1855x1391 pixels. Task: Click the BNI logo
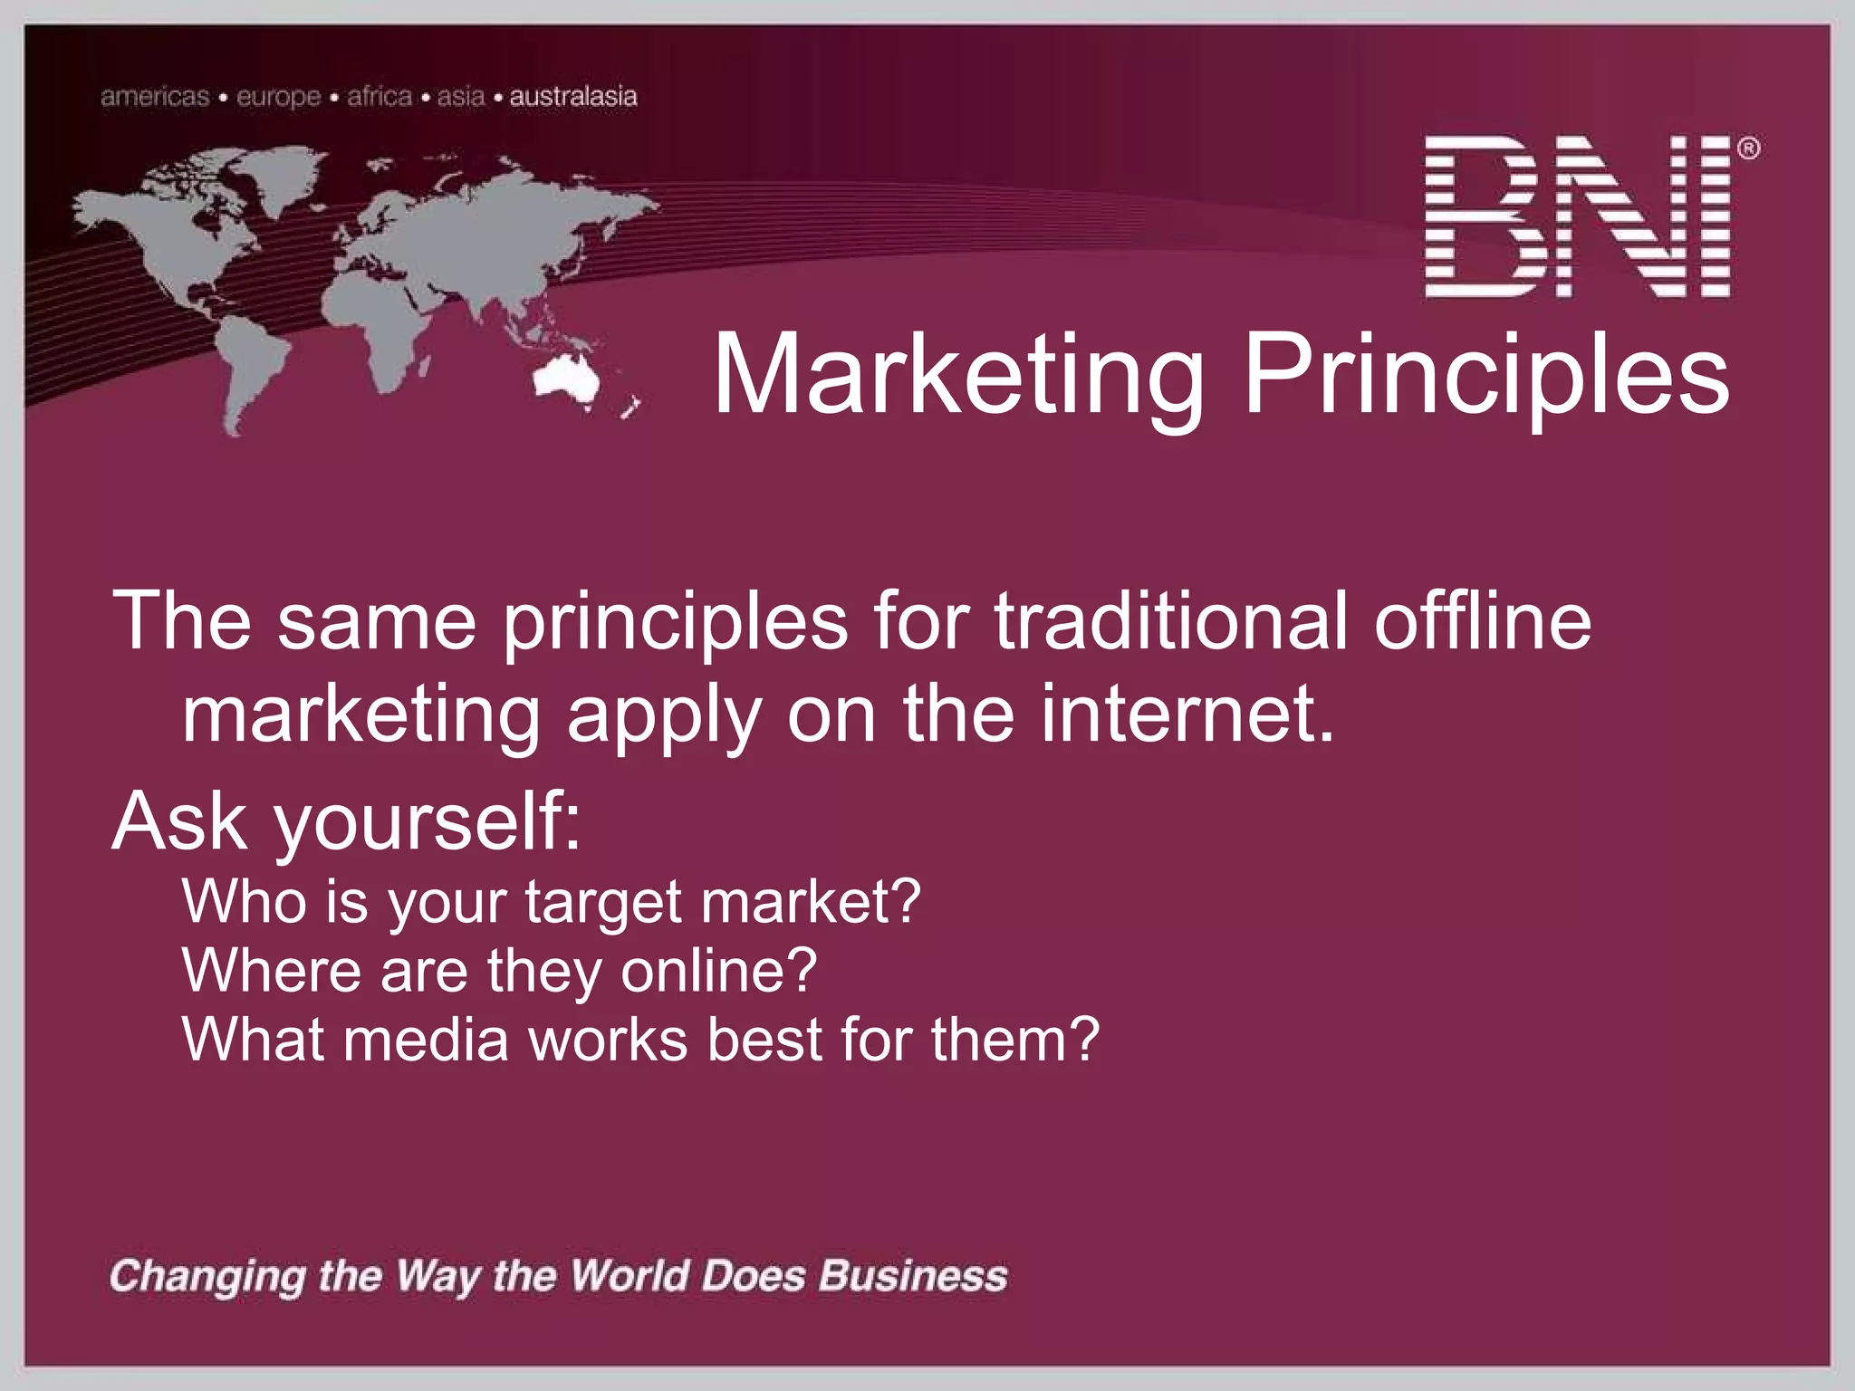pyautogui.click(x=1578, y=217)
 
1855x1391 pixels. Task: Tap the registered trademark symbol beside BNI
pyautogui.click(x=1749, y=149)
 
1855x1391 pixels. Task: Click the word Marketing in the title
pyautogui.click(x=959, y=375)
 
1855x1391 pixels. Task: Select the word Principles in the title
pyautogui.click(x=1486, y=375)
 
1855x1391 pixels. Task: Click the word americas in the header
pyautogui.click(x=155, y=97)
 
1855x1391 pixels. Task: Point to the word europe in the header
pyautogui.click(x=279, y=97)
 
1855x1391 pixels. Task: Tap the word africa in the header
pyautogui.click(x=380, y=97)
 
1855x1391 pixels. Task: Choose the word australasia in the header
pyautogui.click(x=573, y=97)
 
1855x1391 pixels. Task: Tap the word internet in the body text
pyautogui.click(x=1187, y=715)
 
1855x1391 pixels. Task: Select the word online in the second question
pyautogui.click(x=718, y=971)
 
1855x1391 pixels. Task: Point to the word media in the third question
pyautogui.click(x=426, y=1040)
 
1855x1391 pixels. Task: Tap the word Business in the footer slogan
pyautogui.click(x=913, y=1276)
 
